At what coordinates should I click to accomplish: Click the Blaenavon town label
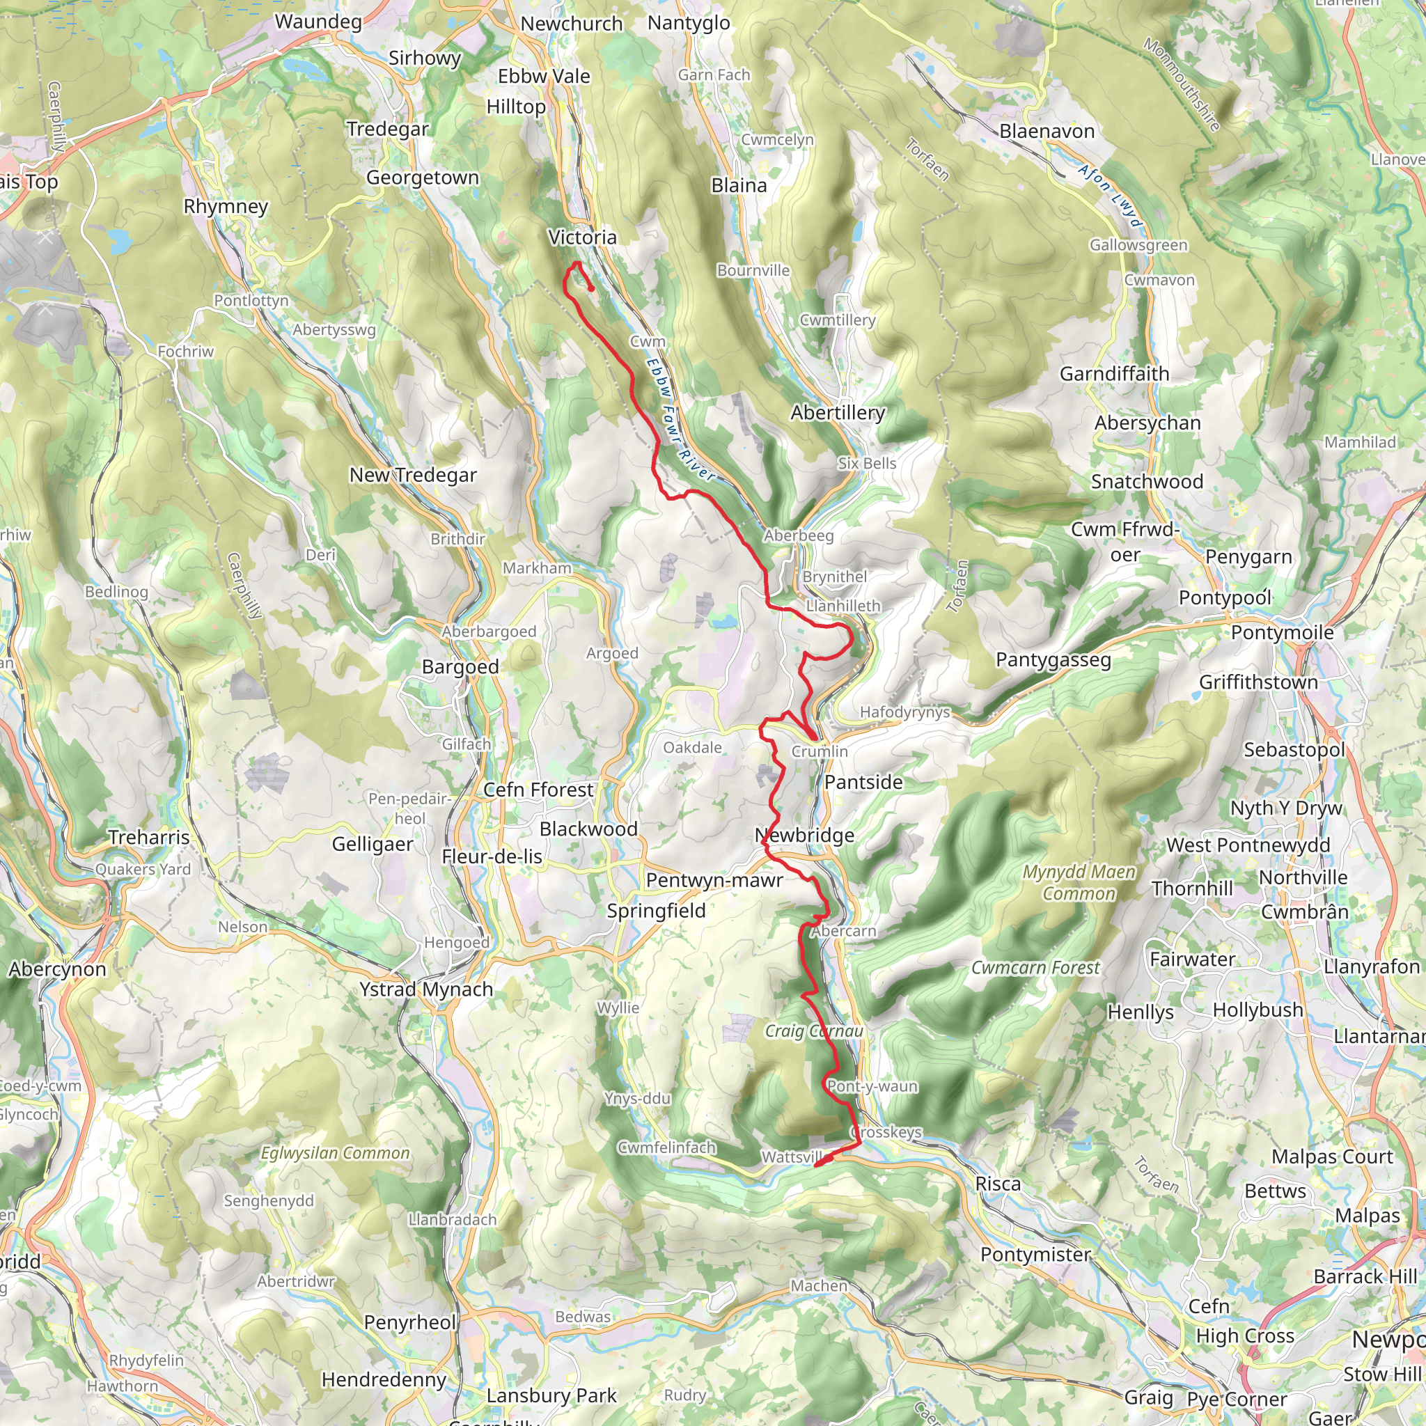(x=1047, y=132)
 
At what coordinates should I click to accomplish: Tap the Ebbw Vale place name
(x=544, y=76)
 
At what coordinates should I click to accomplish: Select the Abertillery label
(x=838, y=413)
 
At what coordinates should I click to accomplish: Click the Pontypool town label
(x=1225, y=597)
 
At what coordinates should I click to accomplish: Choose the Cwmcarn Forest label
(x=1035, y=968)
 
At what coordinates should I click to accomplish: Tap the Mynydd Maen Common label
(x=1079, y=883)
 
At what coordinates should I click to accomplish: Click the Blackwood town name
(x=588, y=829)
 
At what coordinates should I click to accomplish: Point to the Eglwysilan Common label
(x=335, y=1153)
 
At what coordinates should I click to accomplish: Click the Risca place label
(x=998, y=1184)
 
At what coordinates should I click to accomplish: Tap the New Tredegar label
(x=413, y=475)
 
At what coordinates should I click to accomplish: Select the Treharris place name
(x=149, y=837)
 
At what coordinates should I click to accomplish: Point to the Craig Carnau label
(x=814, y=1031)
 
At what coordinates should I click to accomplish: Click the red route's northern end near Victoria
(x=592, y=288)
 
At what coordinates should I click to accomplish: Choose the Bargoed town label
(x=460, y=666)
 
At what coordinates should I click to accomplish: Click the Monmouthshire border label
(x=1180, y=84)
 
